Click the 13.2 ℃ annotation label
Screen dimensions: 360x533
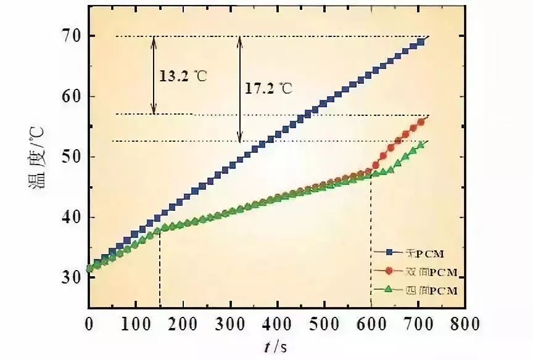click(x=183, y=77)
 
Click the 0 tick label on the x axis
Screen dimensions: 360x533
click(x=89, y=323)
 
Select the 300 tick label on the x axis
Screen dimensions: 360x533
click(x=230, y=323)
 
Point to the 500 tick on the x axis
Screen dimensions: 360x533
click(x=324, y=323)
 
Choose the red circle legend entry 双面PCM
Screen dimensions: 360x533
click(x=416, y=271)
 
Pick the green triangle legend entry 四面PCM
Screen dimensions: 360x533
click(x=416, y=290)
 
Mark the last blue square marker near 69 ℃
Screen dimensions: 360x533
click(x=421, y=43)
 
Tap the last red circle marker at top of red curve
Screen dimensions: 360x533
click(x=421, y=122)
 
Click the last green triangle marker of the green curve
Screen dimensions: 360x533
click(x=421, y=145)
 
